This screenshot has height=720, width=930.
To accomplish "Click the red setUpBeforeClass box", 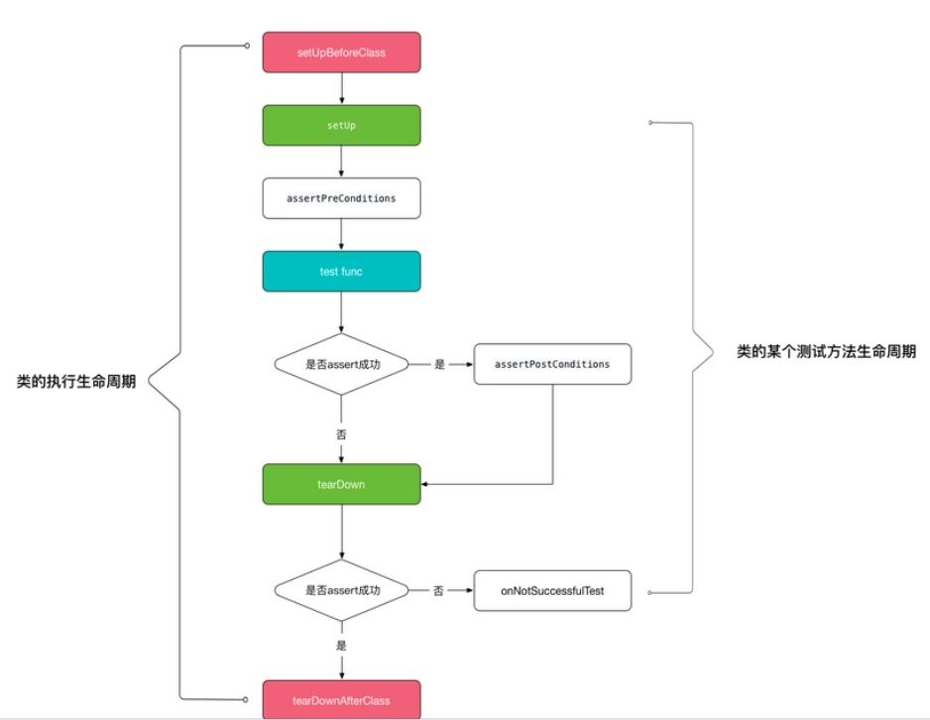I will [341, 53].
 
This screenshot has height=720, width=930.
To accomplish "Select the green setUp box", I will [341, 126].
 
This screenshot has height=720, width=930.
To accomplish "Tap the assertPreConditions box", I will [341, 198].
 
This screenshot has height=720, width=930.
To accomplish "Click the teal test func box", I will [341, 271].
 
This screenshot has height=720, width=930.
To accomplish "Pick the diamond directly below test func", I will [341, 365].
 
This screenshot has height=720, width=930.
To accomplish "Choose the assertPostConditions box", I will [552, 364].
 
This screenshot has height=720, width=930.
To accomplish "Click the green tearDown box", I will [341, 485].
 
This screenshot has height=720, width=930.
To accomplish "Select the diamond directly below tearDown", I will [341, 590].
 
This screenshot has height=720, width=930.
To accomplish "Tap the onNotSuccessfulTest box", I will [552, 590].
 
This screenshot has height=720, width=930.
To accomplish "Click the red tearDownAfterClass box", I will [341, 699].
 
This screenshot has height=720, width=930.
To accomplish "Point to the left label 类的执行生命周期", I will [76, 382].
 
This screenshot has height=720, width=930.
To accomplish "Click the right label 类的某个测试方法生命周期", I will [826, 352].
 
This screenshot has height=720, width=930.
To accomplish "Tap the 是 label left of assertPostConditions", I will [440, 365].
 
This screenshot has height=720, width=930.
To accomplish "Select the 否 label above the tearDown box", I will [341, 433].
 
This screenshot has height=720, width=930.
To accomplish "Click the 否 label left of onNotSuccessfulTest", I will [438, 590].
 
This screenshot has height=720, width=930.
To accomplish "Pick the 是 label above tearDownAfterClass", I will [341, 645].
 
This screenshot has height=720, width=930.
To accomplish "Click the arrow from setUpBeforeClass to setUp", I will [341, 89].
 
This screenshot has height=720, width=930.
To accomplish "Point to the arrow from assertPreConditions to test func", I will [341, 235].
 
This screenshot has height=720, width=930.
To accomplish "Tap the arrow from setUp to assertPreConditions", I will [341, 162].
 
